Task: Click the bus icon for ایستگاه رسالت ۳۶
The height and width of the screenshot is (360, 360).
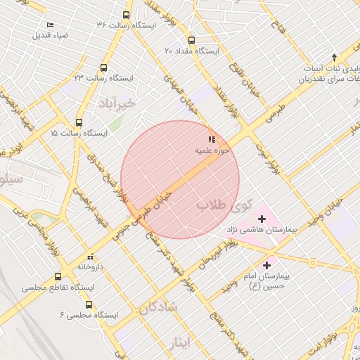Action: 127,15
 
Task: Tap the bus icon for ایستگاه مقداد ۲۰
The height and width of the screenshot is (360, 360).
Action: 191,40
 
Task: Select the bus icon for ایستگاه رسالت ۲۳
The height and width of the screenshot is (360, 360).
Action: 104,68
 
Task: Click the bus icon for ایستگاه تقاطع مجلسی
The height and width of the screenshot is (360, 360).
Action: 58,276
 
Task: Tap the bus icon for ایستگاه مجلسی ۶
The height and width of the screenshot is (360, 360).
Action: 89,304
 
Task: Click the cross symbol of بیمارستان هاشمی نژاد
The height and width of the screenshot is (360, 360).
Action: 262,219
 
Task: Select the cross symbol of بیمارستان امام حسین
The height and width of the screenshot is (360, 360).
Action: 266,265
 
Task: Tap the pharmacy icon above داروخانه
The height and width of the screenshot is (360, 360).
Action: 90,257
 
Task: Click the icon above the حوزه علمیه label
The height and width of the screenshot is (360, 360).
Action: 212,139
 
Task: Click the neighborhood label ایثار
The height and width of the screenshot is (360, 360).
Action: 181,342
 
